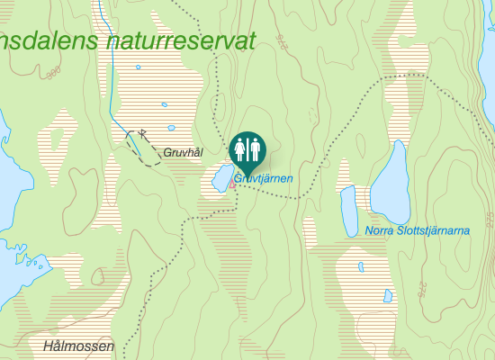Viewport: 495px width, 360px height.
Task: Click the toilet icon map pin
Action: point(247,149)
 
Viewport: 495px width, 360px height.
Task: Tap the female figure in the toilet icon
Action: point(239,148)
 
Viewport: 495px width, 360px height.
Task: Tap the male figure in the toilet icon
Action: point(255,148)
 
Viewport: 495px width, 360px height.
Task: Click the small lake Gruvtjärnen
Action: point(220,178)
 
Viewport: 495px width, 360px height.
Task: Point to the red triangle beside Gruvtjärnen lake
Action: point(234,185)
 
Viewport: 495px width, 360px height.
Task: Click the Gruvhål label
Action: point(183,153)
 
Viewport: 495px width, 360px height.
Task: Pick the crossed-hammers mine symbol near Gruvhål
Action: point(142,134)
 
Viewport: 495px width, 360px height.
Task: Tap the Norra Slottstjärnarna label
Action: point(418,231)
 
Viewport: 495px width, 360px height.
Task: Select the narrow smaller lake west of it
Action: point(348,211)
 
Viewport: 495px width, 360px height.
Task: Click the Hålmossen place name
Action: point(78,346)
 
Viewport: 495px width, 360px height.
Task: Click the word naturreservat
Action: point(180,40)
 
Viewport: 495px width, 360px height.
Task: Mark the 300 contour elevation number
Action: point(54,69)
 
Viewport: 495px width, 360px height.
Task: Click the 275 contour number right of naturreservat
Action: point(282,40)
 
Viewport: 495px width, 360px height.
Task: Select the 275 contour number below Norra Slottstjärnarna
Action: point(421,289)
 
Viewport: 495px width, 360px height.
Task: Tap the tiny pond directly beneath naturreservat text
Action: point(138,67)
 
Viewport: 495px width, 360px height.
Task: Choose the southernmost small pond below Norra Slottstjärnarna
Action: point(388,295)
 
